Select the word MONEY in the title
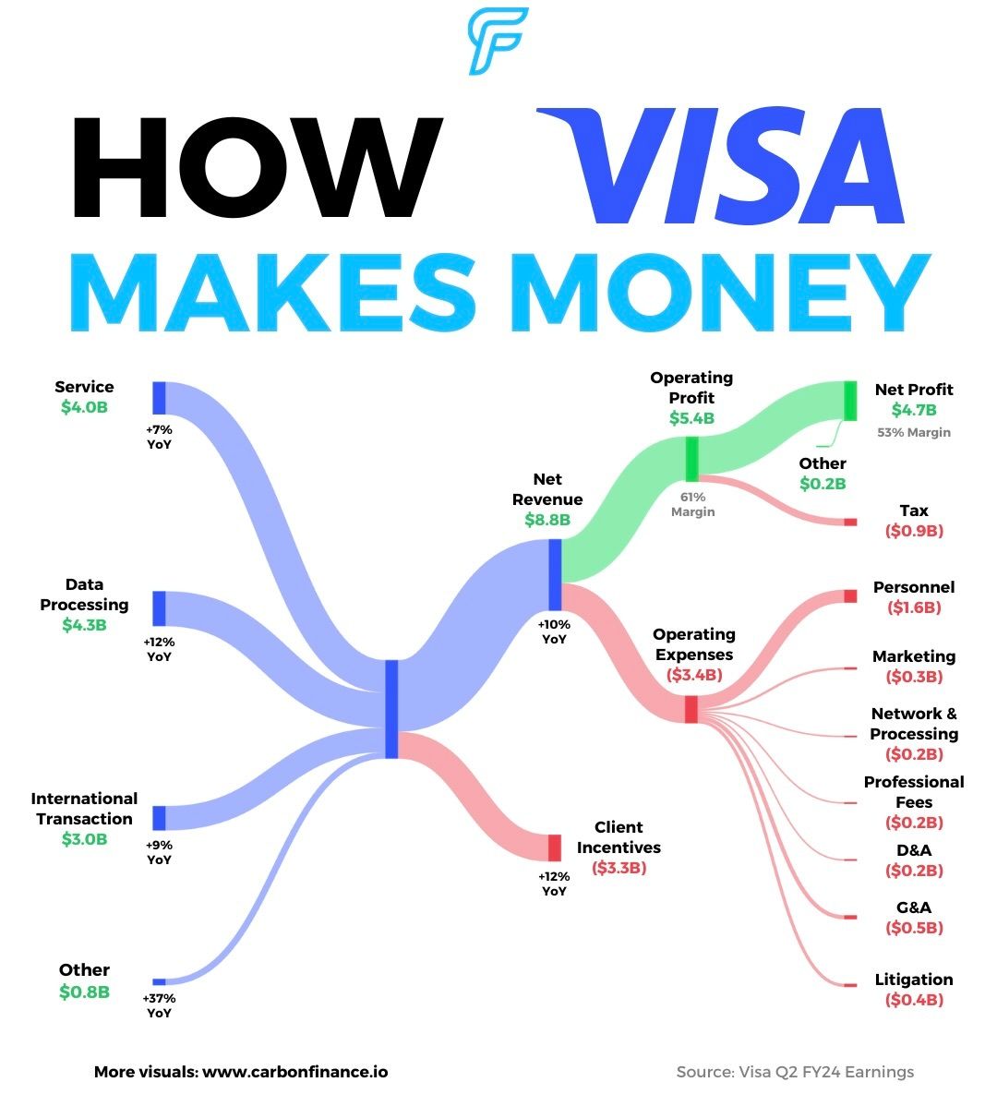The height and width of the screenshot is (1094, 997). (x=729, y=291)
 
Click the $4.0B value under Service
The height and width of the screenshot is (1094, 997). (x=84, y=407)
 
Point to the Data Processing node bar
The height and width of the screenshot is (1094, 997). (x=159, y=608)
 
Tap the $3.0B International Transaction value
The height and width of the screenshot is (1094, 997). (x=84, y=839)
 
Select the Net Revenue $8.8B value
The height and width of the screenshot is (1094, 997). (x=547, y=520)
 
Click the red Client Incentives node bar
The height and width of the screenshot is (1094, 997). (x=554, y=848)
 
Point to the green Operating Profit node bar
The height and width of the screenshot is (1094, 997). (x=691, y=458)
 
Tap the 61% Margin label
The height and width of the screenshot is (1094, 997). (x=692, y=505)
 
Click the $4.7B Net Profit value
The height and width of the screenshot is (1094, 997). (x=914, y=410)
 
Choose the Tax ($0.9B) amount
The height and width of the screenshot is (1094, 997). (x=914, y=531)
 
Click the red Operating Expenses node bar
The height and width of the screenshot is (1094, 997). (x=691, y=709)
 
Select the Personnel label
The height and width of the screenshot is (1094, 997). (x=914, y=587)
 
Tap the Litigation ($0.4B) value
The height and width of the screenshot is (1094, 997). (x=914, y=1000)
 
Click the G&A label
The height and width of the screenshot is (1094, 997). (x=914, y=908)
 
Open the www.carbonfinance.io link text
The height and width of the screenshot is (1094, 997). (x=294, y=1072)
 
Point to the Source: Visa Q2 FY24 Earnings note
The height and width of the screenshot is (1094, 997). (x=795, y=1072)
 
